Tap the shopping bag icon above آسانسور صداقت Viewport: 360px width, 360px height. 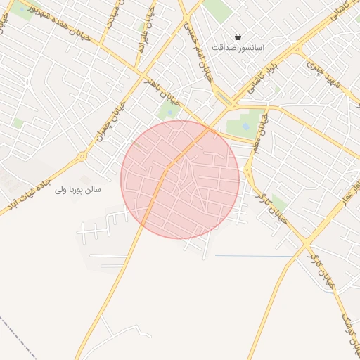[238, 37]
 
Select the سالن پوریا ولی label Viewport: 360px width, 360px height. [79, 190]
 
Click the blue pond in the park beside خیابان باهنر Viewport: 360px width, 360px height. [169, 111]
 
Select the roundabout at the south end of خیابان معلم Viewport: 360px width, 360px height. [248, 169]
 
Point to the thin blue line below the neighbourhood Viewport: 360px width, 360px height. [253, 256]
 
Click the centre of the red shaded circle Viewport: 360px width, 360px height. [180, 179]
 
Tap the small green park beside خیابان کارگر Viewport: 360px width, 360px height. [279, 204]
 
